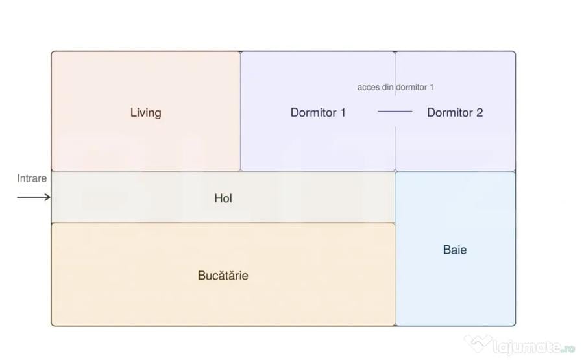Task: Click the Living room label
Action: click(145, 113)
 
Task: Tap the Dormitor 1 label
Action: click(318, 113)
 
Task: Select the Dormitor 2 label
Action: click(455, 113)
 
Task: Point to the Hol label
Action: click(223, 198)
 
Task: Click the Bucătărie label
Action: click(223, 275)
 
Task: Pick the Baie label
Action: click(455, 250)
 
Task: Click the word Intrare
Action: click(32, 178)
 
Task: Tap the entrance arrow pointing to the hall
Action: click(34, 197)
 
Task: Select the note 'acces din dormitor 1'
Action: click(395, 87)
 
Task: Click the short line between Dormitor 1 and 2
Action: click(395, 112)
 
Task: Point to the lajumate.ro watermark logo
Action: click(520, 344)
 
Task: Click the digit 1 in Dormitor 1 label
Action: click(343, 113)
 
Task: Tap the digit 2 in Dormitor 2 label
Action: click(480, 113)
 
